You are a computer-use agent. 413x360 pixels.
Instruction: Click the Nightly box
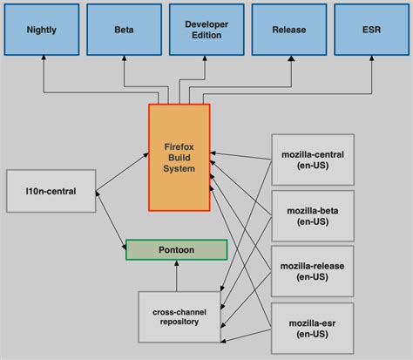[x=41, y=29]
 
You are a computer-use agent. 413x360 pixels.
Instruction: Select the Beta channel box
[x=124, y=29]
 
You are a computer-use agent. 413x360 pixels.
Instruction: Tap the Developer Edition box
[x=206, y=29]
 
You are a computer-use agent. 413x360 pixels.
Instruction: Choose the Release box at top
[x=288, y=29]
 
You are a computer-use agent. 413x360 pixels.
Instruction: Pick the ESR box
[x=370, y=29]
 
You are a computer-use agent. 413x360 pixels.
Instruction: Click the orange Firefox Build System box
[x=179, y=157]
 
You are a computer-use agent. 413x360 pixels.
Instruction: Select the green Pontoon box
[x=176, y=249]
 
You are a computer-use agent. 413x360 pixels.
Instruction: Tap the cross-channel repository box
[x=176, y=315]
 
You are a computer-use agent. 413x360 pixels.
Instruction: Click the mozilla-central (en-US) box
[x=313, y=160]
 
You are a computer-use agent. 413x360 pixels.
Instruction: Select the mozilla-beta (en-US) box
[x=313, y=215]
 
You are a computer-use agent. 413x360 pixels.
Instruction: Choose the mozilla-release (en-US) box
[x=313, y=270]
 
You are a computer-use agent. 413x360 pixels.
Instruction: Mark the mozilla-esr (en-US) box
[x=313, y=327]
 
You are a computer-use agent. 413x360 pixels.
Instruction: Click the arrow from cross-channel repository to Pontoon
[x=176, y=276]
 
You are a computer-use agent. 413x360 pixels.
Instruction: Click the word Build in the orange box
[x=179, y=157]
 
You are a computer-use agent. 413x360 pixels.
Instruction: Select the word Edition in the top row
[x=206, y=35]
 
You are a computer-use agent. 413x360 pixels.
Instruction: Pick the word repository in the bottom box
[x=176, y=322]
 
